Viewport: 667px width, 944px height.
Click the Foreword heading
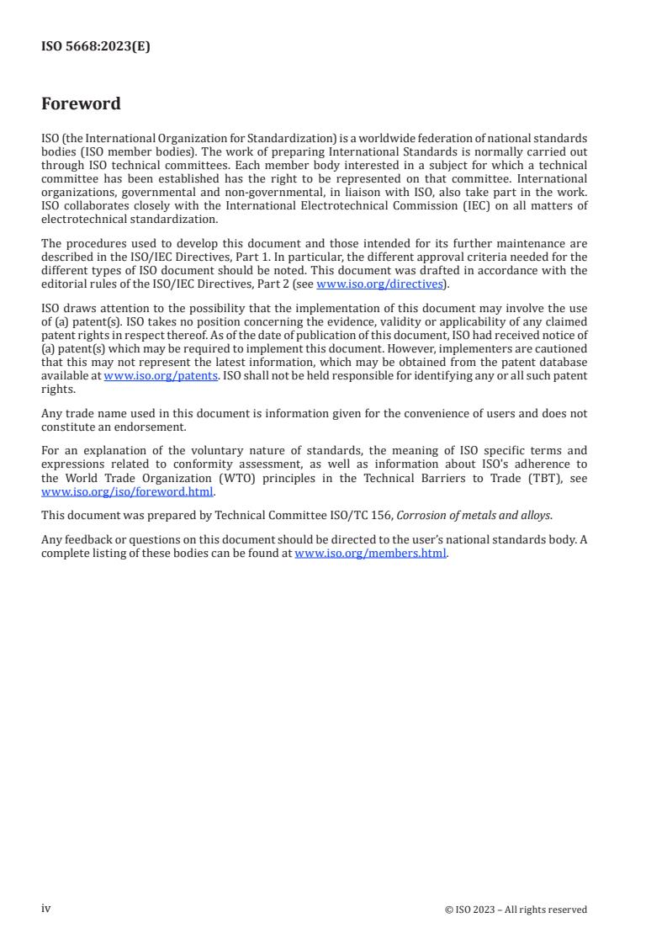coord(81,103)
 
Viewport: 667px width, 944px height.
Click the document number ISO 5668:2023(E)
coord(95,47)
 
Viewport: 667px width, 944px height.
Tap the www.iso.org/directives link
coord(379,284)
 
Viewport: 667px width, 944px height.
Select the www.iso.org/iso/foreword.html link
coord(127,492)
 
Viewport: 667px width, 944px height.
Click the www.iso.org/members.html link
coord(370,553)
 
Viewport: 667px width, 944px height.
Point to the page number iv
coord(46,909)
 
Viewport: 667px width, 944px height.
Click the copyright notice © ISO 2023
coord(516,910)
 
